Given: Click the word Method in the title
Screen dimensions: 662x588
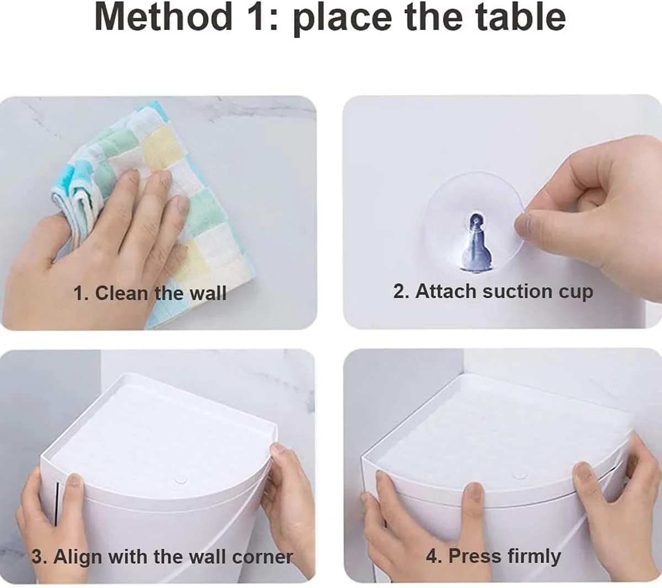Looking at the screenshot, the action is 163,17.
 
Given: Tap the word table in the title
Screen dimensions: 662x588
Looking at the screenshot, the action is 521,17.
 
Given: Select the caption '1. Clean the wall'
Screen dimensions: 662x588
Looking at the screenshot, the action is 150,293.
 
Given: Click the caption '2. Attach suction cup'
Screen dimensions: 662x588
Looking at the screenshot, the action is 493,292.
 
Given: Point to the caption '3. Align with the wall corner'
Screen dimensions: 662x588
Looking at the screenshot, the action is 162,557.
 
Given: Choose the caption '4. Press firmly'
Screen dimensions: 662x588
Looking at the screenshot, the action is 493,556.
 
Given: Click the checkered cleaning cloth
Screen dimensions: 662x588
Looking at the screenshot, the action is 153,209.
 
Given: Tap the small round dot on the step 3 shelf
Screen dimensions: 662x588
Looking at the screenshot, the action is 180,481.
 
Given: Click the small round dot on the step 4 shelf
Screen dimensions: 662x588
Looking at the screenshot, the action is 518,474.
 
